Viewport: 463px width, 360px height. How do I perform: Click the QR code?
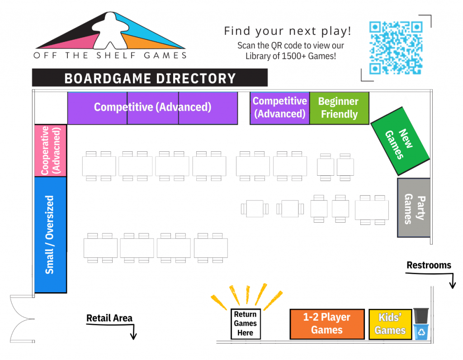click(396, 48)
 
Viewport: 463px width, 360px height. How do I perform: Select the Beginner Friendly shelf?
click(339, 108)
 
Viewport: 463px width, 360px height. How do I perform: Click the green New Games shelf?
click(400, 141)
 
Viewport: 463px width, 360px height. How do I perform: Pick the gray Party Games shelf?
click(414, 208)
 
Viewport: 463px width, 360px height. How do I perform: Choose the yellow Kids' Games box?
click(390, 324)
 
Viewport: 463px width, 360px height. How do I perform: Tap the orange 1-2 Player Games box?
click(327, 323)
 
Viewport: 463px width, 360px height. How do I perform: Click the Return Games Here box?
click(246, 323)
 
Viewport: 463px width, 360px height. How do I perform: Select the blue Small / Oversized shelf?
click(50, 234)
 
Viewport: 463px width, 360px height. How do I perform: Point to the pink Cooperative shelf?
click(51, 150)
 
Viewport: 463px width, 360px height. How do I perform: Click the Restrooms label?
click(429, 265)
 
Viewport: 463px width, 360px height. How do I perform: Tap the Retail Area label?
click(109, 318)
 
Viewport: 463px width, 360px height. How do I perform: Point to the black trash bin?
click(421, 315)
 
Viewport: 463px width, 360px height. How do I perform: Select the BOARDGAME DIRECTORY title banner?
click(150, 78)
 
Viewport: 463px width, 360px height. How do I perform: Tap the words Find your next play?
click(288, 31)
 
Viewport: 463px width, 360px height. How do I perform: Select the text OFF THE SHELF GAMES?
click(110, 56)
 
